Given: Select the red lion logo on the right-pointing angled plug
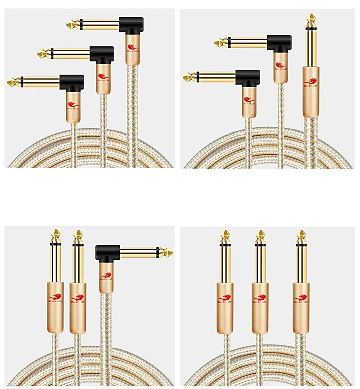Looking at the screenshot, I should (106, 275).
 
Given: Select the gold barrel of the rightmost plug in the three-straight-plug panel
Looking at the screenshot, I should (301, 310).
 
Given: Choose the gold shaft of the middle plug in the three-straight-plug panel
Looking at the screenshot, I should (260, 263).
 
